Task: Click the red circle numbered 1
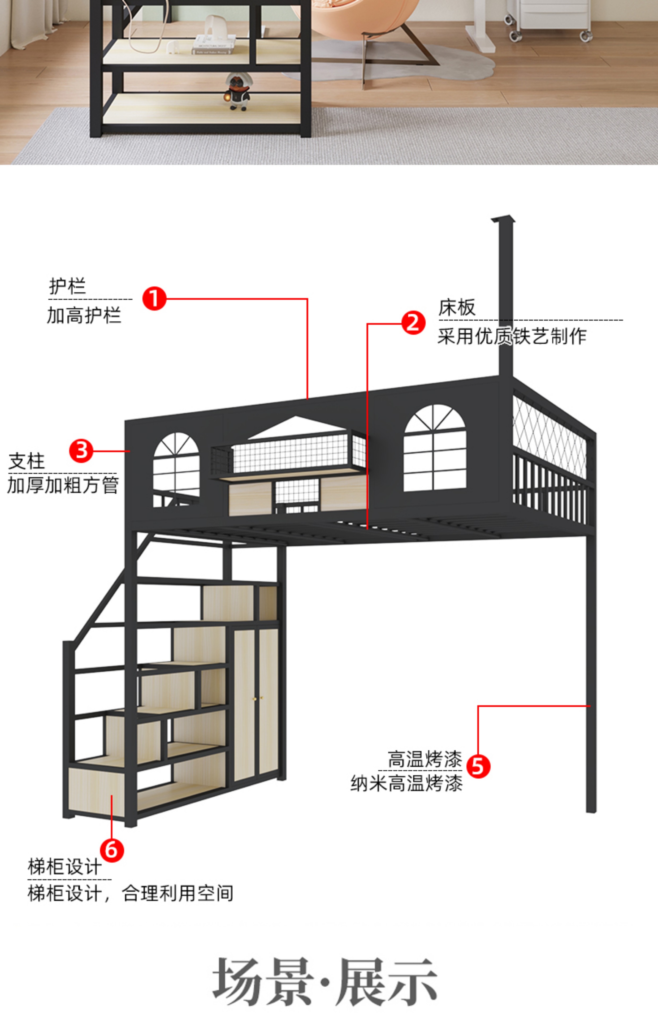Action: [154, 298]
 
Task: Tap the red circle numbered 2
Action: [413, 323]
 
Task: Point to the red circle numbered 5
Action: [478, 766]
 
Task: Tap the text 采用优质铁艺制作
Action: [512, 336]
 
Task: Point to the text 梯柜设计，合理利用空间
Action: [130, 893]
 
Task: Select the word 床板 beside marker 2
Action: [457, 308]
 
